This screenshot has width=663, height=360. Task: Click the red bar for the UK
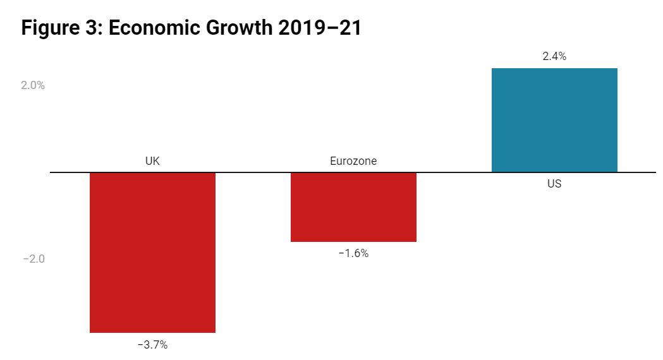click(x=152, y=252)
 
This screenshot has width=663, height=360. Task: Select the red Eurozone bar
click(x=353, y=207)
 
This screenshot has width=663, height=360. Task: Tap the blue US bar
click(x=554, y=120)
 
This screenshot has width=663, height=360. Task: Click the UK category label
click(x=152, y=161)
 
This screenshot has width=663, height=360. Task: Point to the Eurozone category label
click(x=353, y=161)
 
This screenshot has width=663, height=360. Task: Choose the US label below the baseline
click(x=554, y=184)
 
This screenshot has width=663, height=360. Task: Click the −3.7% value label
click(x=152, y=345)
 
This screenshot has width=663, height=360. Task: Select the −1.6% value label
click(x=353, y=254)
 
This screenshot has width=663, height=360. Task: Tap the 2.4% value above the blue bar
click(x=554, y=56)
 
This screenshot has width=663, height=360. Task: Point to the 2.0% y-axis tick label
click(x=33, y=85)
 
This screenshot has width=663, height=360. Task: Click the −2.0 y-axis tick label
click(x=33, y=259)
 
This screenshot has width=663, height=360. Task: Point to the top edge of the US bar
click(x=554, y=68)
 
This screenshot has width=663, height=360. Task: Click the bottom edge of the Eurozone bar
click(x=353, y=241)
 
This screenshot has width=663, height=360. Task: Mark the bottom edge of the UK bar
click(x=152, y=332)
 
